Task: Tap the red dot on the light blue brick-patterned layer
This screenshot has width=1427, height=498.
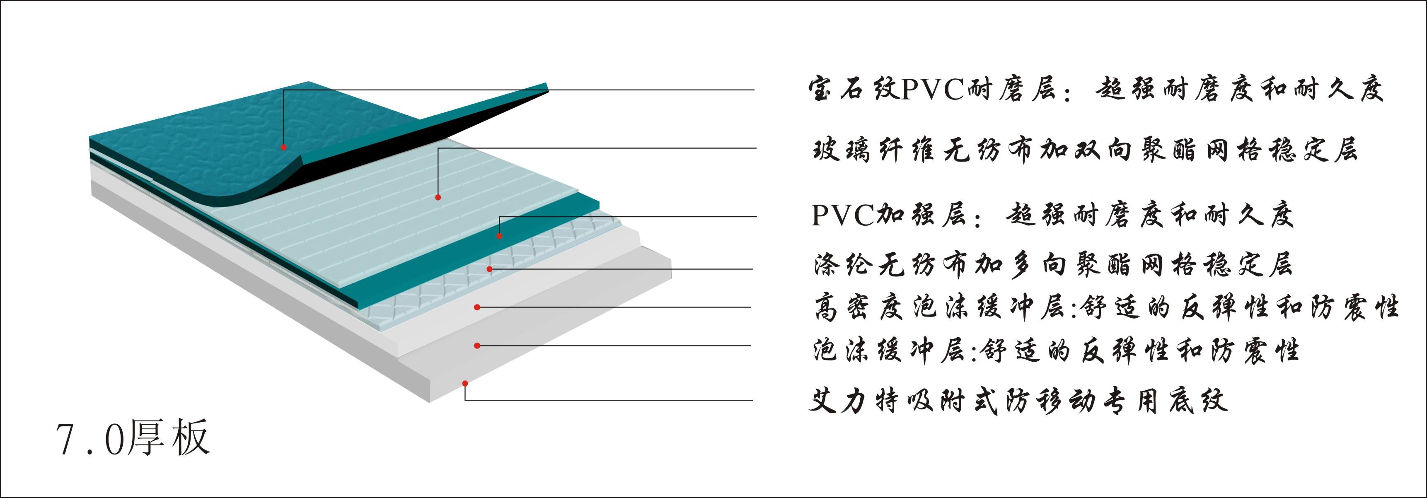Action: tap(438, 197)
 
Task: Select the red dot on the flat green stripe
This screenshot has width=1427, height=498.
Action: tap(498, 236)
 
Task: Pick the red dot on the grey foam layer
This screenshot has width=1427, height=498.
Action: tap(476, 346)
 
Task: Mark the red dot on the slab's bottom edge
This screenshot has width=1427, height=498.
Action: tap(465, 383)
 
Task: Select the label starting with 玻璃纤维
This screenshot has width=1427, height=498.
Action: tap(1085, 150)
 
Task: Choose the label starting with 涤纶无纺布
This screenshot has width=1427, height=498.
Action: tap(1052, 265)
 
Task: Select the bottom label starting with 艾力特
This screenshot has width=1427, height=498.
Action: tap(1018, 401)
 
